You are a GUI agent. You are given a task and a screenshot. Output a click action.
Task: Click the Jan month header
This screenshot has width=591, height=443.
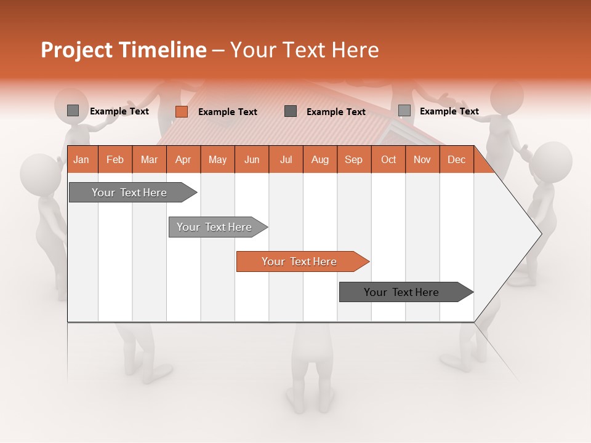pyautogui.click(x=82, y=159)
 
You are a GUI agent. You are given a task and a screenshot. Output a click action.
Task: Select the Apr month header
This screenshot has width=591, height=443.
pyautogui.click(x=183, y=159)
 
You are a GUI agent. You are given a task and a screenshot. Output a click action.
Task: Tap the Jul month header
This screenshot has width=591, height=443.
pyautogui.click(x=286, y=159)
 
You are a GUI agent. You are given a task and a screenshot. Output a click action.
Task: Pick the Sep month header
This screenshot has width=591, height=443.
pyautogui.click(x=354, y=159)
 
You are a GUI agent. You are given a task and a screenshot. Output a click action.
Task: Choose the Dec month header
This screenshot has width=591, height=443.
pyautogui.click(x=457, y=159)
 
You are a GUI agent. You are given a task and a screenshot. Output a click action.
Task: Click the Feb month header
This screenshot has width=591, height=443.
pyautogui.click(x=115, y=159)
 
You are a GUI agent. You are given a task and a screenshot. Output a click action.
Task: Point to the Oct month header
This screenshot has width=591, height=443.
pyautogui.click(x=388, y=159)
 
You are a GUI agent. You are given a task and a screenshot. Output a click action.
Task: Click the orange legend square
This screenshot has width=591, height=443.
pyautogui.click(x=182, y=111)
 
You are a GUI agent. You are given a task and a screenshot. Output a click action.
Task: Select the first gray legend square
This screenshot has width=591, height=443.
pyautogui.click(x=73, y=111)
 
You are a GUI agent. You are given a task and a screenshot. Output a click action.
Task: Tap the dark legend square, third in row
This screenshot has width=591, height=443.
pyautogui.click(x=291, y=111)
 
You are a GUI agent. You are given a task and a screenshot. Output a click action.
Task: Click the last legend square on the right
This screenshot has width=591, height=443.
pyautogui.click(x=404, y=110)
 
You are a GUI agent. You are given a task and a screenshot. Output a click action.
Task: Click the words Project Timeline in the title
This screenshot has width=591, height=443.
pyautogui.click(x=123, y=50)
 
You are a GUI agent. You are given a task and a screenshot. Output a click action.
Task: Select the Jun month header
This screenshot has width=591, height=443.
pyautogui.click(x=252, y=159)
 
